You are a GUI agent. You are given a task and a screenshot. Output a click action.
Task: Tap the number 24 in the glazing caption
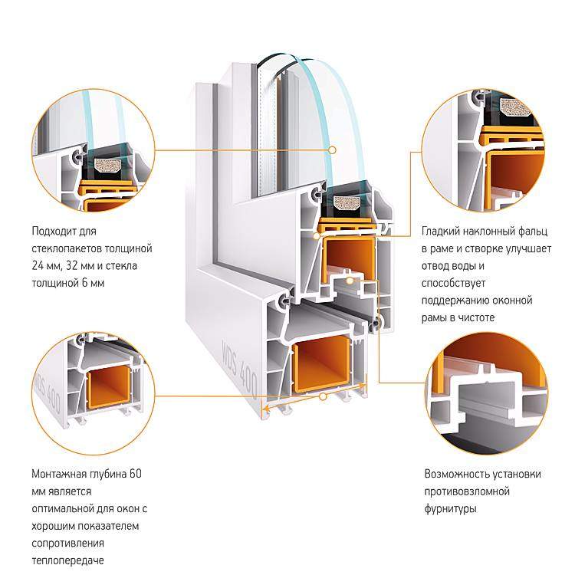[x=38, y=265]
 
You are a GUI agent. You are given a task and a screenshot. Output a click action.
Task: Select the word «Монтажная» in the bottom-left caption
[x=59, y=474]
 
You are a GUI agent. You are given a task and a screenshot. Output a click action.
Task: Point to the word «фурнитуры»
[x=450, y=509]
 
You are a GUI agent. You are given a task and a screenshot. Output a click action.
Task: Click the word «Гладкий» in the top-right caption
[x=440, y=232]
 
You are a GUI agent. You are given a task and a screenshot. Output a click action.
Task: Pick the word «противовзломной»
[x=467, y=491]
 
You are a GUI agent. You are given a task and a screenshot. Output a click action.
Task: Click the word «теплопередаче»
[x=67, y=561]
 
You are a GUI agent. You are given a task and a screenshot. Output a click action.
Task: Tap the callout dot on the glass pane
[x=332, y=150]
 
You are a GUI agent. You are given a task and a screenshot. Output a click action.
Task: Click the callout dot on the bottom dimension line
[x=323, y=396]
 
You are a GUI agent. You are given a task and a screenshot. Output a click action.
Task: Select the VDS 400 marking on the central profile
[x=239, y=369]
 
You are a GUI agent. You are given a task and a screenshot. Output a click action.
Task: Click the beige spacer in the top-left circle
[x=108, y=166]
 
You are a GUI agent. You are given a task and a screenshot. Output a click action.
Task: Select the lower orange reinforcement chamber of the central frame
[x=322, y=363]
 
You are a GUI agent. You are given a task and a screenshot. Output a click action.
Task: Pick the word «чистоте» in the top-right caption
[x=476, y=317]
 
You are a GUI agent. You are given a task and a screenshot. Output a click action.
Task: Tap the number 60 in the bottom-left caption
[x=135, y=474]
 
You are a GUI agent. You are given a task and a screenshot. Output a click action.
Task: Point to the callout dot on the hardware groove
[x=350, y=281]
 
